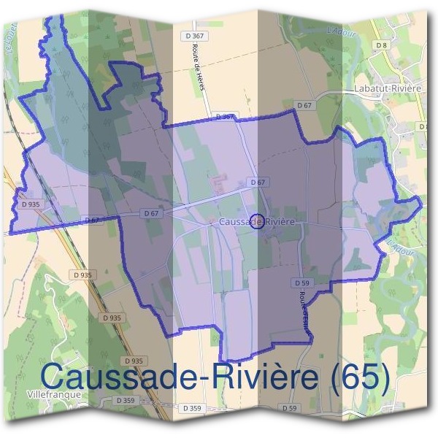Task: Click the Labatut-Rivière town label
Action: pyautogui.click(x=389, y=88)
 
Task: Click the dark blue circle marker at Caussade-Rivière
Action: pyautogui.click(x=256, y=221)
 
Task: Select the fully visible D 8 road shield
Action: pyautogui.click(x=380, y=45)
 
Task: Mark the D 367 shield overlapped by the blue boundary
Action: pyautogui.click(x=226, y=117)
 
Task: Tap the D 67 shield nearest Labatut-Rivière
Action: pyautogui.click(x=304, y=106)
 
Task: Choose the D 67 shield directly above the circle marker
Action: pyautogui.click(x=256, y=182)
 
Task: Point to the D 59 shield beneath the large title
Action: pyautogui.click(x=290, y=407)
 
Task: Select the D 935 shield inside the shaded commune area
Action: pyautogui.click(x=28, y=205)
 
